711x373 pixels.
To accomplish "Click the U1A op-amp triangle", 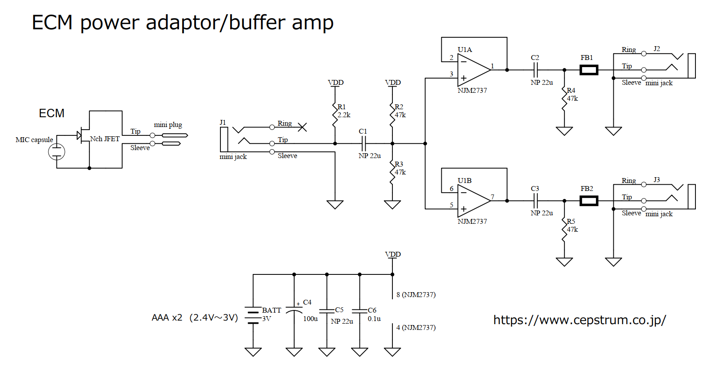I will click(472, 70).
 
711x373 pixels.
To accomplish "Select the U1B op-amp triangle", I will click(472, 201).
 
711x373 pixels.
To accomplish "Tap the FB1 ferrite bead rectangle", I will click(589, 70).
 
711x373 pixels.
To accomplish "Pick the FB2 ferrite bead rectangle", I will click(589, 201).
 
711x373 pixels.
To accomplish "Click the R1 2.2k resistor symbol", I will click(335, 115).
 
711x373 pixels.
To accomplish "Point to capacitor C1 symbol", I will click(363, 143).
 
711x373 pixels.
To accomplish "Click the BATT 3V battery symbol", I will click(253, 315).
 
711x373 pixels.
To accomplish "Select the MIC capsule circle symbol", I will click(56, 152).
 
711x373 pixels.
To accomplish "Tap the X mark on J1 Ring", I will click(302, 127).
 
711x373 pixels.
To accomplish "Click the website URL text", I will click(579, 320).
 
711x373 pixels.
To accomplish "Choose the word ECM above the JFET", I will click(52, 113).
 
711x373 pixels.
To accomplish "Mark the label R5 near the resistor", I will click(571, 221).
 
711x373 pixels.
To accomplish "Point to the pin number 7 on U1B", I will click(492, 197).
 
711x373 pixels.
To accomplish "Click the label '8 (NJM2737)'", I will click(416, 295).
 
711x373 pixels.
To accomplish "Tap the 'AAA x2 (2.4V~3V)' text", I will click(195, 317).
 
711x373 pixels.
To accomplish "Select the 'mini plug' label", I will click(168, 125).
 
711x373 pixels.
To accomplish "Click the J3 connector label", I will click(657, 180).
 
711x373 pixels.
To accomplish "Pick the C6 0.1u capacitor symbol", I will click(359, 310).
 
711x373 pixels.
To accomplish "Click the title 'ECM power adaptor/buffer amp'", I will click(182, 22).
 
